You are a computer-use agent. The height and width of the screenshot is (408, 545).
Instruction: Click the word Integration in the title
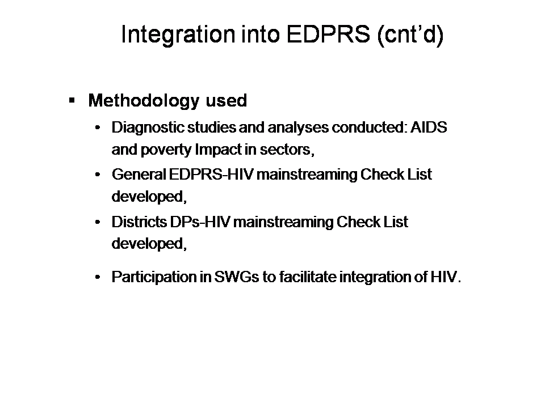178,35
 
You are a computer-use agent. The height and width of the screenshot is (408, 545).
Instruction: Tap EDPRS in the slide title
328,34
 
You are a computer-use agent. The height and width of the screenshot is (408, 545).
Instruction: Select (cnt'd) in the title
410,35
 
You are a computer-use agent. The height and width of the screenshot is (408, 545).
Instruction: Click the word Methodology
144,101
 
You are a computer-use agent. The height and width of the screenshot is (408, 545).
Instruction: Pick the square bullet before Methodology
72,101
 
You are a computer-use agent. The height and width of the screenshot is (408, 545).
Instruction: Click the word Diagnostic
148,128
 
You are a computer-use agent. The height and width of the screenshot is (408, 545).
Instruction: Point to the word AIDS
429,127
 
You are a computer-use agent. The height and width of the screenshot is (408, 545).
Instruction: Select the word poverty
166,150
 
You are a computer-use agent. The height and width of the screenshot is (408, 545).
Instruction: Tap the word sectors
287,150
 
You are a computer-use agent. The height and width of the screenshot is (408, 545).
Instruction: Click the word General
139,174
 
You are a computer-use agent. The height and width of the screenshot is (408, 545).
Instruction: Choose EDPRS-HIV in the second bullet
211,174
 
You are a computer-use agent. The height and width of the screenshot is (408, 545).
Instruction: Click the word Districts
139,222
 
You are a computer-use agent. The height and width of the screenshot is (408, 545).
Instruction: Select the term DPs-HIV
200,222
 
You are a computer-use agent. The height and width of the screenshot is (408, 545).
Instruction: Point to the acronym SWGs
236,277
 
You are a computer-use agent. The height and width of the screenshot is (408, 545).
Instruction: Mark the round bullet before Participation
98,277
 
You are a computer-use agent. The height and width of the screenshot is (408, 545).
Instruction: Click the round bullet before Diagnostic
98,127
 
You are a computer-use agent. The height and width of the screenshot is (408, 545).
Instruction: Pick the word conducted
370,127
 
